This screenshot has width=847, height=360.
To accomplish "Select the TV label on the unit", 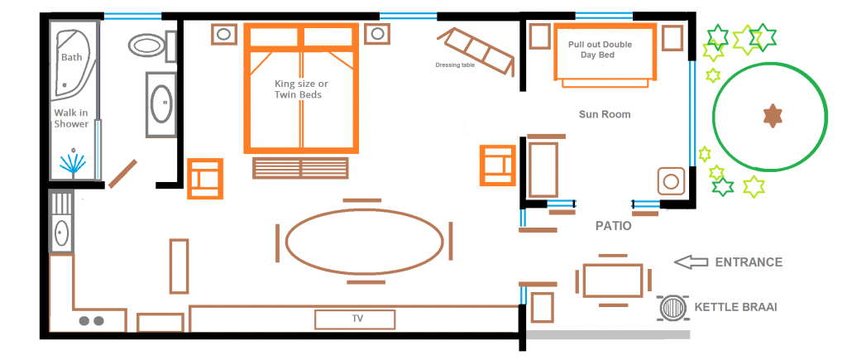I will tap(357, 318).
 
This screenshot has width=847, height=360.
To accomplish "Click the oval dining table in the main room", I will tap(364, 241).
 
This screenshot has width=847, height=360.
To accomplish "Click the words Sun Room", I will tap(605, 114).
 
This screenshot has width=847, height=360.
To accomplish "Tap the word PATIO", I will tap(614, 225).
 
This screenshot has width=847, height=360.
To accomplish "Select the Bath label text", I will tap(72, 57).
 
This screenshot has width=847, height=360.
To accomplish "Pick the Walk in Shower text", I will tap(71, 118).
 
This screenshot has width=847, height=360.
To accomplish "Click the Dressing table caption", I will tap(455, 65).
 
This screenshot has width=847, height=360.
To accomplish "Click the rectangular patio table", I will tap(613, 281).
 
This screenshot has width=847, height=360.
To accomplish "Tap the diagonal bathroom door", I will tap(122, 172).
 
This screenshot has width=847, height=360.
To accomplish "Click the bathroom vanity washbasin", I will tap(160, 104).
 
